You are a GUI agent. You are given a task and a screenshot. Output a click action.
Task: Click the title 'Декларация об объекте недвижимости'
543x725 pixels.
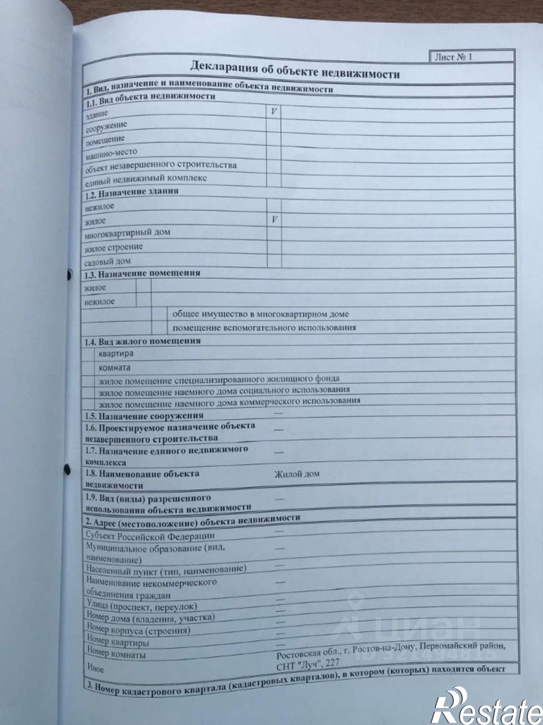pos(295,70)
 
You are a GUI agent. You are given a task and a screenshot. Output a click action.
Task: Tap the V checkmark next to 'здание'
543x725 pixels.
pos(274,112)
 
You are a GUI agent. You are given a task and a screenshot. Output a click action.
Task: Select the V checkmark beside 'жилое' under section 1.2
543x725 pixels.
pos(275,220)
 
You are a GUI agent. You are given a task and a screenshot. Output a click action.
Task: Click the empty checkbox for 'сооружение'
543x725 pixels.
pos(274,125)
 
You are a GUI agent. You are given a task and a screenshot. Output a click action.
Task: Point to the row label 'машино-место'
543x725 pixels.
pos(111,154)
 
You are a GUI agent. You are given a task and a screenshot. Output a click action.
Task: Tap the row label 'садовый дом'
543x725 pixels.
pos(108,261)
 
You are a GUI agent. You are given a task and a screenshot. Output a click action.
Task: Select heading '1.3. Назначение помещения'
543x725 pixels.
pos(142,274)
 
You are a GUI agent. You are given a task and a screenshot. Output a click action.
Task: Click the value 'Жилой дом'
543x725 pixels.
pos(297,474)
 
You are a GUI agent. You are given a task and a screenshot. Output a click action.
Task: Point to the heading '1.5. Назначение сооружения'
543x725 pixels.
pos(144,415)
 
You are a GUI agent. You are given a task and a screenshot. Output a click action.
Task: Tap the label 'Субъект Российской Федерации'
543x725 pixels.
pos(150,535)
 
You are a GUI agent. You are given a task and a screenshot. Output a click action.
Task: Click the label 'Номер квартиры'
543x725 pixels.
pos(118,642)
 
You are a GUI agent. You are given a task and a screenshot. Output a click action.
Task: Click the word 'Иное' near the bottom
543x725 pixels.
pos(96,668)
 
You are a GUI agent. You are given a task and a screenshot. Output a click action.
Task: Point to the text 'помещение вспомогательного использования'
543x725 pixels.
pos(264,328)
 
